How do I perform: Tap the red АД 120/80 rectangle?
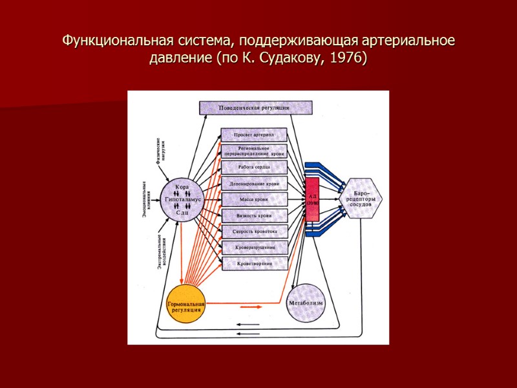pos(312,199)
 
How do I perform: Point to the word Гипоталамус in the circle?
pos(182,200)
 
